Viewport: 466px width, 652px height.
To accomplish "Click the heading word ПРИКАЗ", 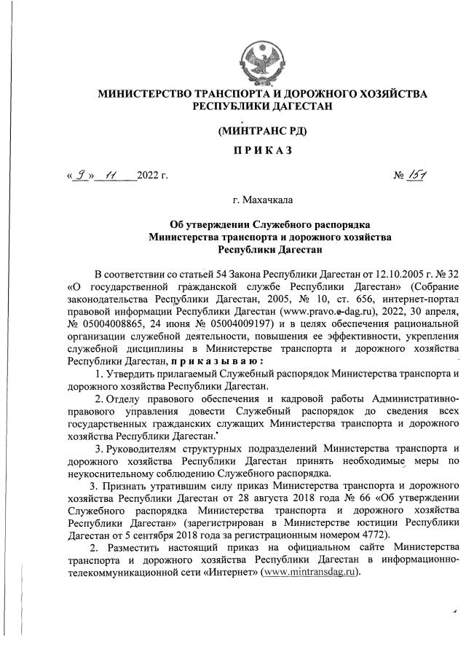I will coord(262,149).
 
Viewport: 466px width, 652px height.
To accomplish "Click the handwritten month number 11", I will coord(112,175).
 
